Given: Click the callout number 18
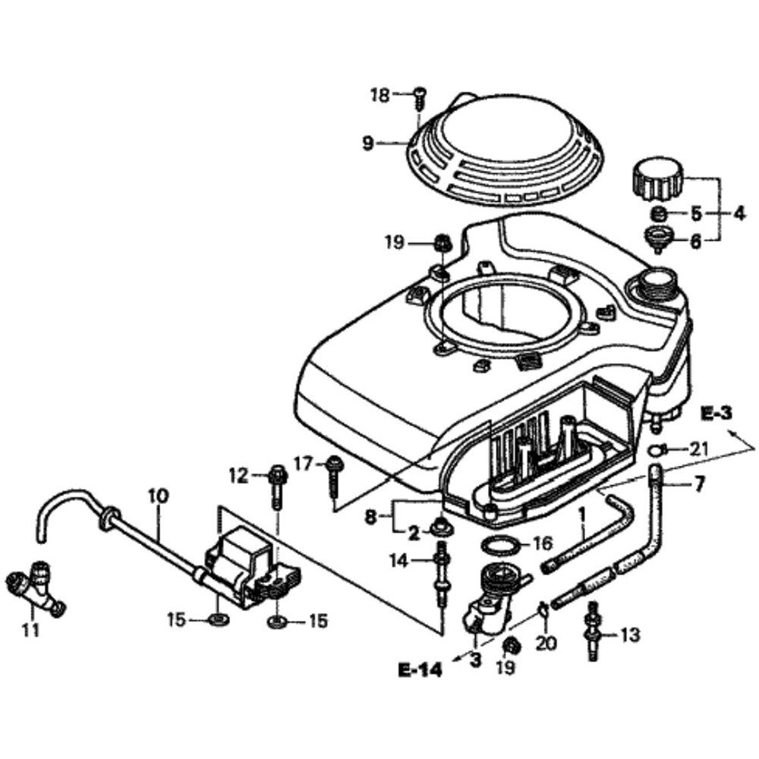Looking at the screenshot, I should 379,95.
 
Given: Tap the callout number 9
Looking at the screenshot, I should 368,143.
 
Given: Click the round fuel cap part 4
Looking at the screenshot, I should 657,181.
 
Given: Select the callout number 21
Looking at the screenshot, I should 699,449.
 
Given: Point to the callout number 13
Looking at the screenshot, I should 630,634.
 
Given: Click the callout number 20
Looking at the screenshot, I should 546,644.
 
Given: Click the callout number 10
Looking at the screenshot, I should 158,497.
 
